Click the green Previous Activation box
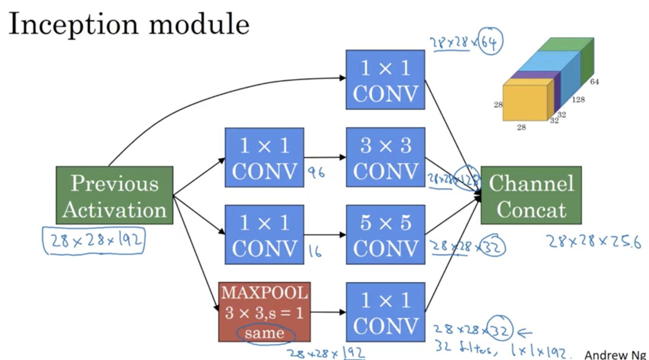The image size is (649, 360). (114, 195)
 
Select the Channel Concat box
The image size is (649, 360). (531, 195)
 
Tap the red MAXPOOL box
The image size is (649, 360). (264, 312)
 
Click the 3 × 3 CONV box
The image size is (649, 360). (386, 157)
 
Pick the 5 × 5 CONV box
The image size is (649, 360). (386, 235)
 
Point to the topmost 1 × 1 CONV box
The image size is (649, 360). (385, 80)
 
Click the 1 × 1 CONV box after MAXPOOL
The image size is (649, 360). (386, 312)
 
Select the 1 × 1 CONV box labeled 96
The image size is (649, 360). (264, 157)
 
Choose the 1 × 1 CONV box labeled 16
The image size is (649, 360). (264, 235)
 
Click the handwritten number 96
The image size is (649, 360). (316, 173)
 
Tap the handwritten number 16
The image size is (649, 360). (315, 251)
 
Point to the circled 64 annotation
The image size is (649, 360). (490, 42)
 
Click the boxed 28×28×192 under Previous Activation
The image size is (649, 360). (94, 240)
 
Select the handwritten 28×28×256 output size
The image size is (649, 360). (593, 241)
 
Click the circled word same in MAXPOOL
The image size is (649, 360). (265, 333)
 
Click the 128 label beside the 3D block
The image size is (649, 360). (578, 100)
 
